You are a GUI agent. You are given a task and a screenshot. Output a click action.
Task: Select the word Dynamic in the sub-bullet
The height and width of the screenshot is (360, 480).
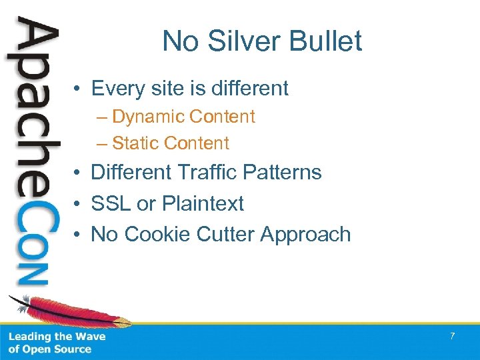click(148, 116)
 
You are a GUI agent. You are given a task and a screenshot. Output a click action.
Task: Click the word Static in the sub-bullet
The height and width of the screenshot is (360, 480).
click(135, 143)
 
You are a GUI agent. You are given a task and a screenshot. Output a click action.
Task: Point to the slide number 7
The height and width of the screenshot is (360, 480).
click(452, 336)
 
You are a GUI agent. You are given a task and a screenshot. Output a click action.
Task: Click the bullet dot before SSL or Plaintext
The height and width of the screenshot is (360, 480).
click(78, 204)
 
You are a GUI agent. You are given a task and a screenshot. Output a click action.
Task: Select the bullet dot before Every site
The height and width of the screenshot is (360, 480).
click(78, 89)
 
